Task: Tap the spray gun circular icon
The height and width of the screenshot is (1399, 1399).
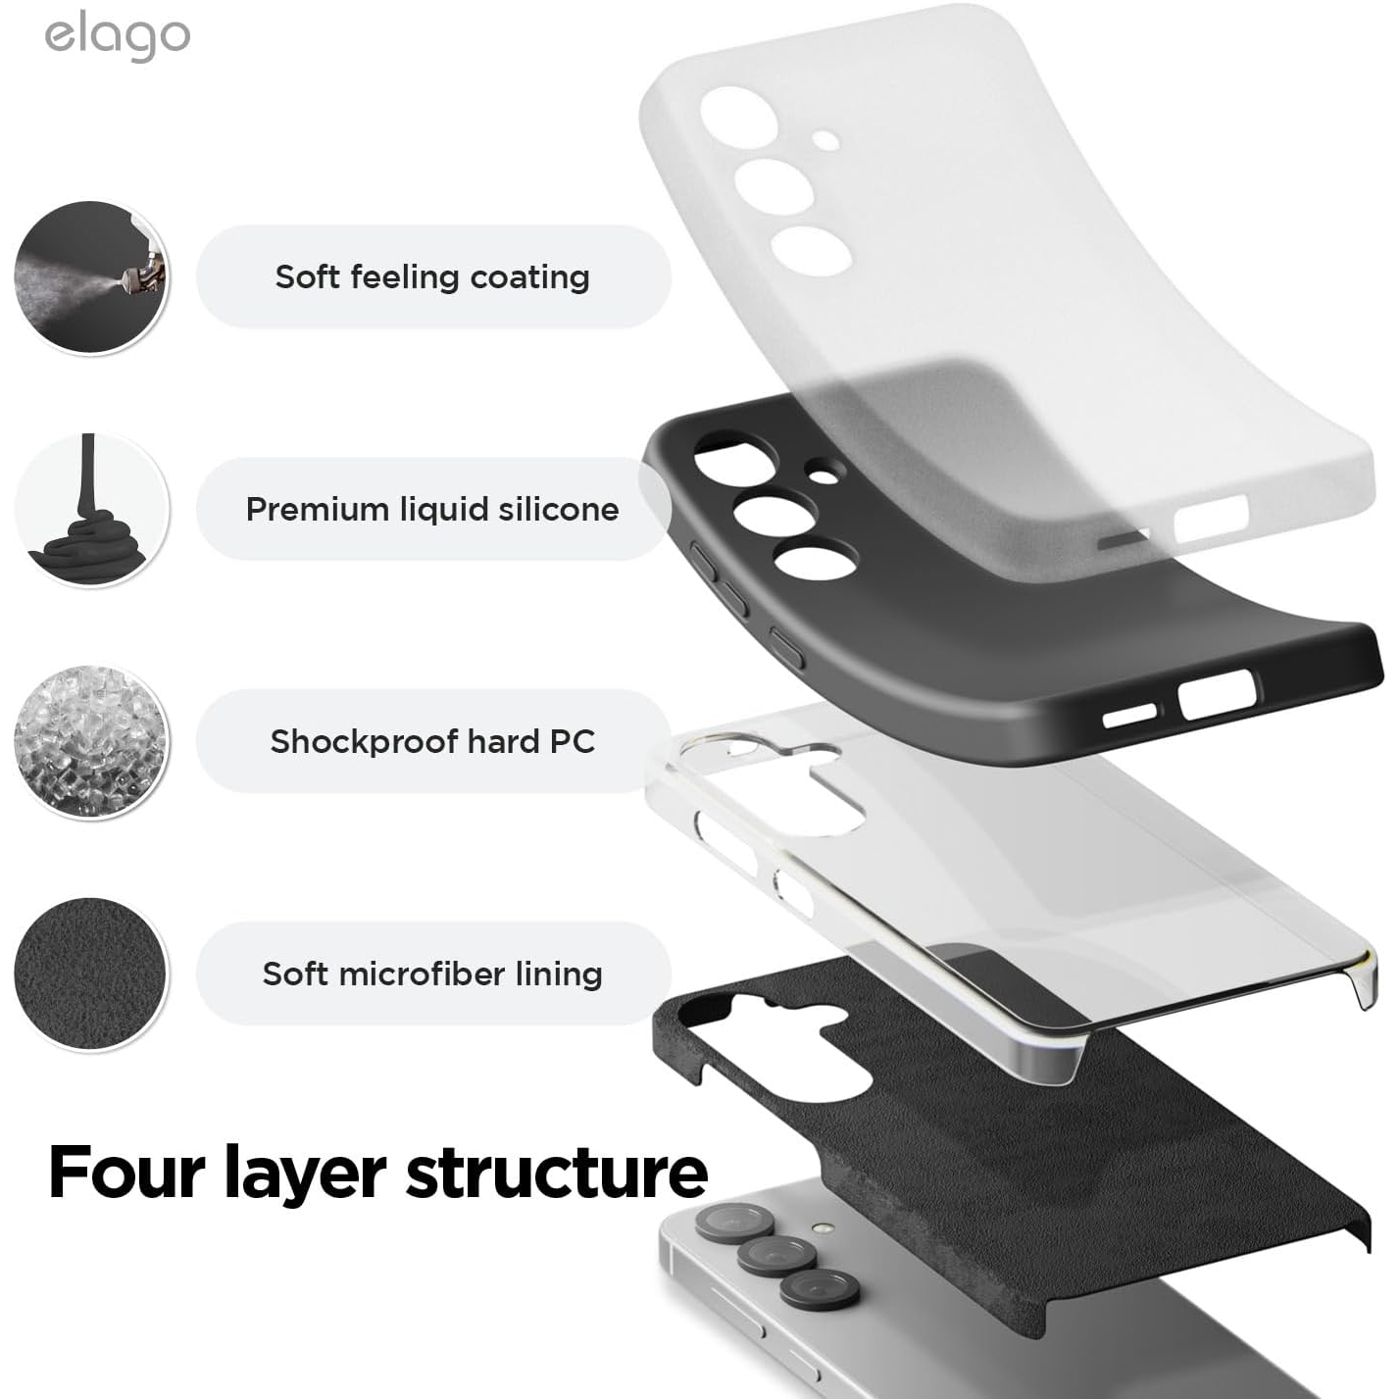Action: pyautogui.click(x=91, y=277)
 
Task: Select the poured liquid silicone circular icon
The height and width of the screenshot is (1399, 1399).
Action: pyautogui.click(x=91, y=510)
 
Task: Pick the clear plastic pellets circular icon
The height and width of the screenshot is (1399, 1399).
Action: pyautogui.click(x=91, y=742)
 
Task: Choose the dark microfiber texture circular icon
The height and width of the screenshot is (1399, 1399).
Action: pyautogui.click(x=91, y=974)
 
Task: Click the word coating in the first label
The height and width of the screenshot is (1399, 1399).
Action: pyautogui.click(x=530, y=278)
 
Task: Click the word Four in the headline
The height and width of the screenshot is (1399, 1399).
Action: pyautogui.click(x=127, y=1173)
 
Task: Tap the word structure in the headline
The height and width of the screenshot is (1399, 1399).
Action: pyautogui.click(x=557, y=1174)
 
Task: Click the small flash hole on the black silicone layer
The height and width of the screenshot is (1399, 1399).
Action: pyautogui.click(x=824, y=476)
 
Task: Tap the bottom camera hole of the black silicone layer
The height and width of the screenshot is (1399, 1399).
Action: pyautogui.click(x=816, y=560)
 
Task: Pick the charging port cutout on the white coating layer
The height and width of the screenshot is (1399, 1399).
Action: pyautogui.click(x=1212, y=519)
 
